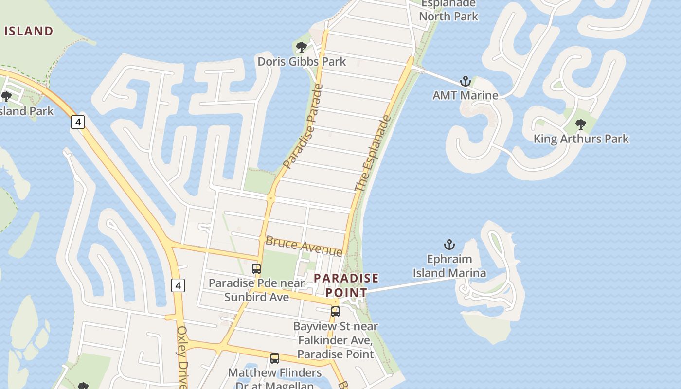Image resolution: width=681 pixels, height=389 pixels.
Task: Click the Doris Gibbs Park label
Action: click(302, 62)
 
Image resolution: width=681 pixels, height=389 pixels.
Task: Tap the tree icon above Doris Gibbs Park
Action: click(302, 47)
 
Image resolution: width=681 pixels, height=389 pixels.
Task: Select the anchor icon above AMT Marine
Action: click(466, 81)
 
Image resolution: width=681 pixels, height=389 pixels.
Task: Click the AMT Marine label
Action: click(466, 95)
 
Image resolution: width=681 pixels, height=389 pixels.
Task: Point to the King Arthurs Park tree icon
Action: click(580, 124)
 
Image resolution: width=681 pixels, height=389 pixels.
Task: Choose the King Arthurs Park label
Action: click(581, 139)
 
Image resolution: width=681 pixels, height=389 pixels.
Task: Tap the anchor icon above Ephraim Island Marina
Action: click(449, 244)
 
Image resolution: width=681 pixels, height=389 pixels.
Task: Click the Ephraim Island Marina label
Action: click(449, 266)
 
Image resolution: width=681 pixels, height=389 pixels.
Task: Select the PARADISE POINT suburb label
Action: click(346, 285)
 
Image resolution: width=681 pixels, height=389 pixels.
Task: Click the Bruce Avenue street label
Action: click(304, 246)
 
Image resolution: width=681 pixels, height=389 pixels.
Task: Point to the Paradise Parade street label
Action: click(303, 126)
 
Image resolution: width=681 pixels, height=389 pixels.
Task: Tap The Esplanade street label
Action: click(373, 153)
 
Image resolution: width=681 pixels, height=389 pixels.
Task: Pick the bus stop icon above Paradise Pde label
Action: click(256, 268)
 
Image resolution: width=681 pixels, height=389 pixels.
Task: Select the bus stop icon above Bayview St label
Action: click(336, 312)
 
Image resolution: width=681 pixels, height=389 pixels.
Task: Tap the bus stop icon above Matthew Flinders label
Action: click(275, 358)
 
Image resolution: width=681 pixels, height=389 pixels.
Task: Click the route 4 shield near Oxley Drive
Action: click(178, 285)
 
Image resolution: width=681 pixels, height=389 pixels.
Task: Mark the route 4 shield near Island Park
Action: click(78, 122)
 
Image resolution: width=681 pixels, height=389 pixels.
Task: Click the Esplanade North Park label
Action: click(448, 10)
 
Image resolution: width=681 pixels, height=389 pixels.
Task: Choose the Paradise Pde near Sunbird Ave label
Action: click(256, 290)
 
